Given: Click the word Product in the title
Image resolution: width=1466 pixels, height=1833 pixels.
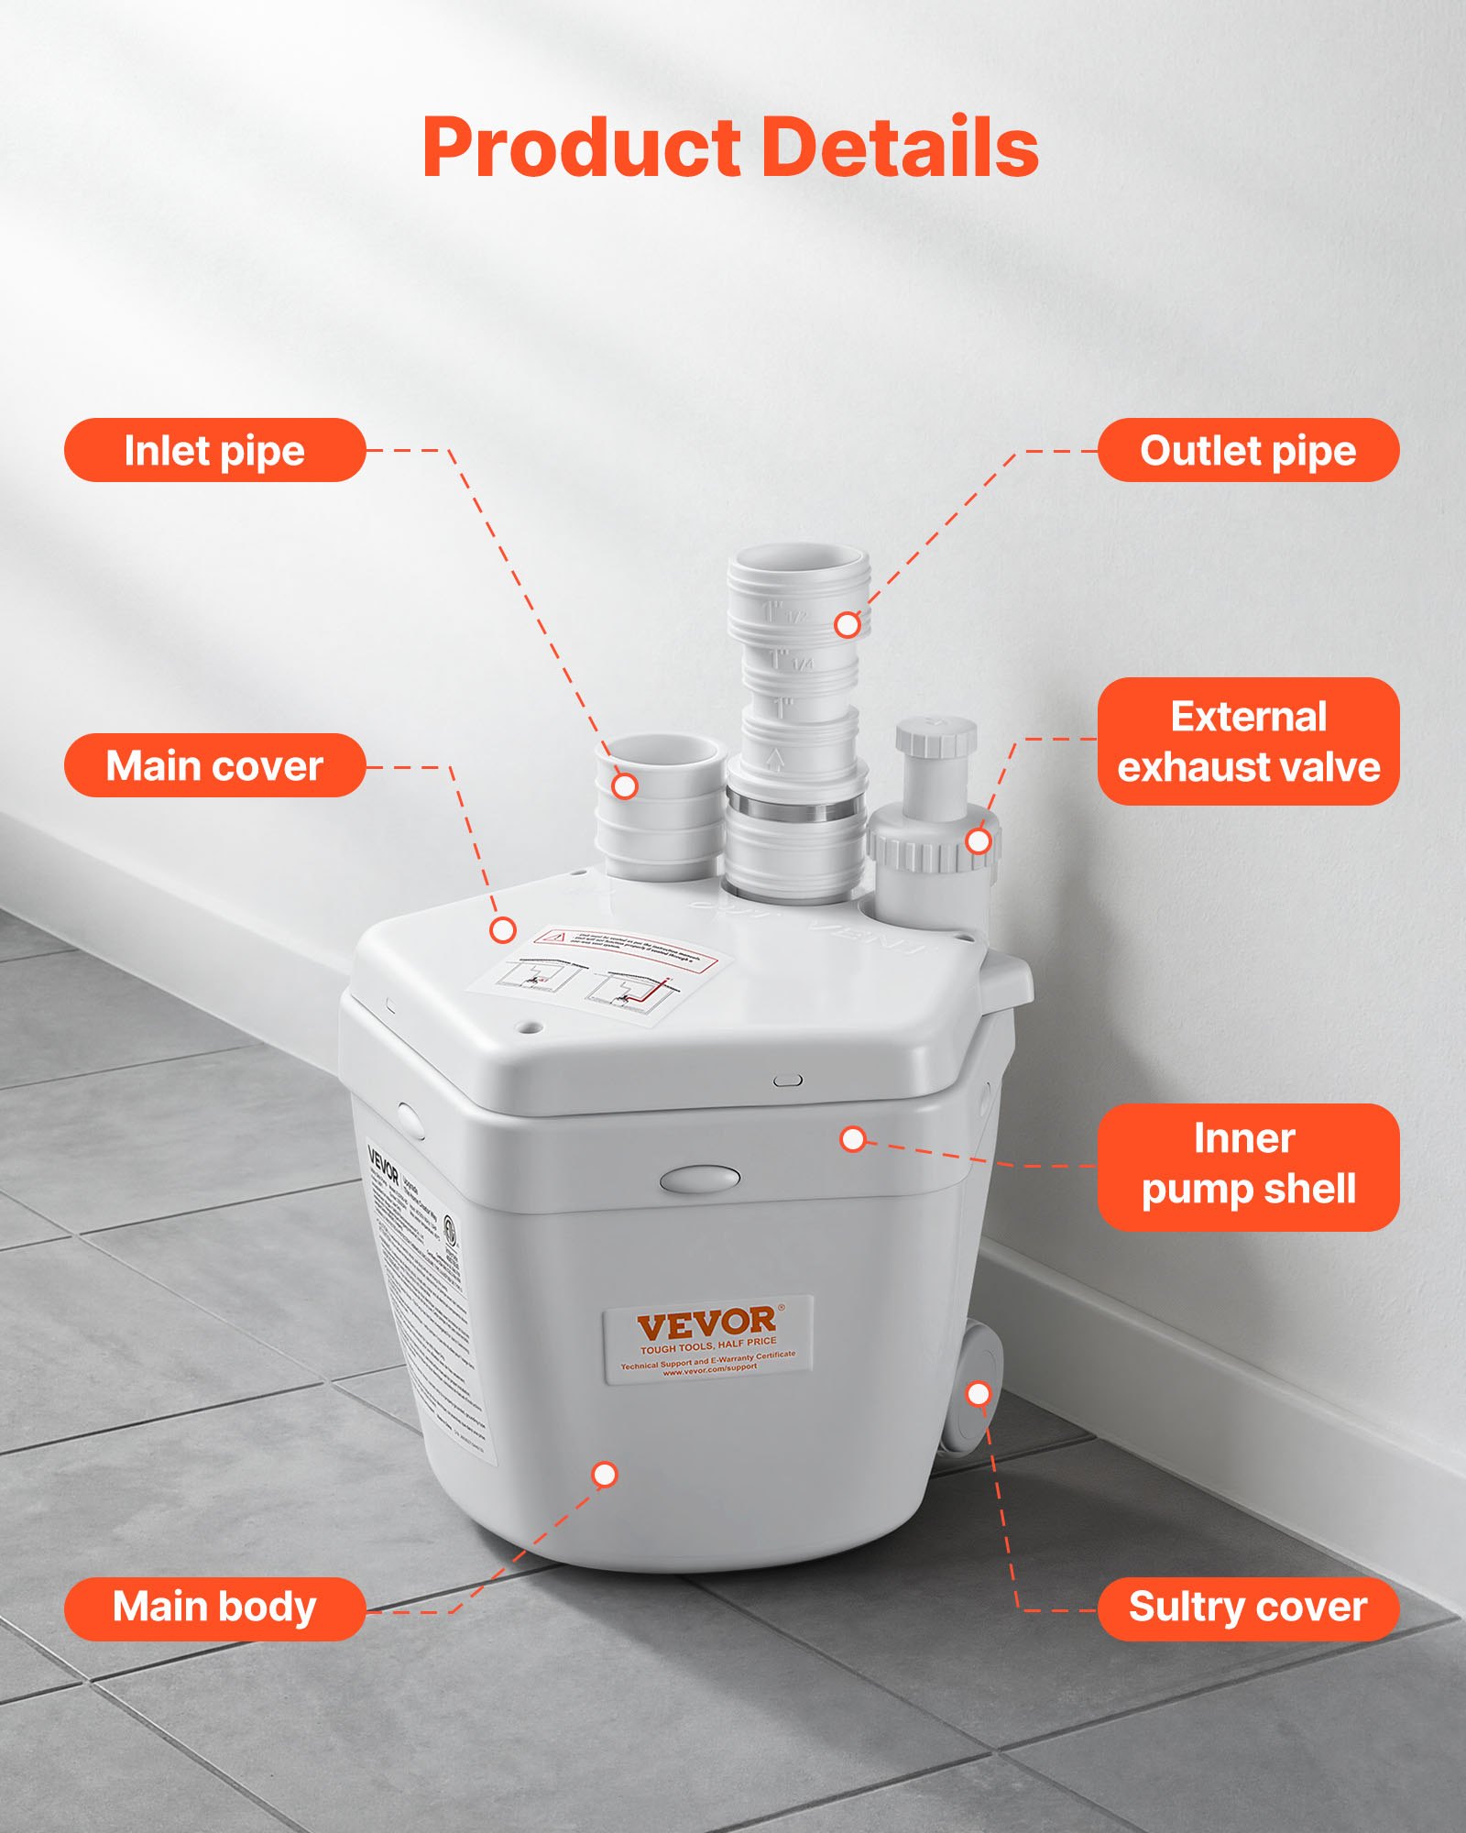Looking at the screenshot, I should tap(581, 148).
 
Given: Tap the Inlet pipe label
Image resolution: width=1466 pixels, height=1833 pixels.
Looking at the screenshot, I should tap(214, 450).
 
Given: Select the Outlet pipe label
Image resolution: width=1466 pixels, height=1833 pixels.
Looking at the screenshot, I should tap(1248, 450).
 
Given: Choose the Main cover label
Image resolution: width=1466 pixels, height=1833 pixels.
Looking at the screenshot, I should tap(214, 765).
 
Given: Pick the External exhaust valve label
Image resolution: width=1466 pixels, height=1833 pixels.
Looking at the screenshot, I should tap(1248, 741).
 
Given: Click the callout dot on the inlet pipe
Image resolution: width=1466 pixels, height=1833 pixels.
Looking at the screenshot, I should tap(625, 785).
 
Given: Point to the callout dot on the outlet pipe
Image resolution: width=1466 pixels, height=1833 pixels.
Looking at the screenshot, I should tap(848, 625).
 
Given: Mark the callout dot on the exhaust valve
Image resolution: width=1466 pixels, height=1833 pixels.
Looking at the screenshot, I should tap(979, 840).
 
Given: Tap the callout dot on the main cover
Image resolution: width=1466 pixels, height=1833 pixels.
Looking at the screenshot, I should tap(503, 930).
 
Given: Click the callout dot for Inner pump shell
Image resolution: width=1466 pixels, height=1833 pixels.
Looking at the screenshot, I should tap(853, 1139).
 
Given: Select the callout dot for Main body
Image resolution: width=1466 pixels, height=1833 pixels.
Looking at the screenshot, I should tap(605, 1475).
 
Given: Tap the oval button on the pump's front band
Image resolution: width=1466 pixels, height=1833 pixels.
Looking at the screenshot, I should tap(700, 1179).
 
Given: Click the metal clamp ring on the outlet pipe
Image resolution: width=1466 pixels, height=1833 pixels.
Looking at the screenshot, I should tap(795, 809).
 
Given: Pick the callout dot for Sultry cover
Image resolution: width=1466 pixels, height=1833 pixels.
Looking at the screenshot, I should tap(979, 1394).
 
